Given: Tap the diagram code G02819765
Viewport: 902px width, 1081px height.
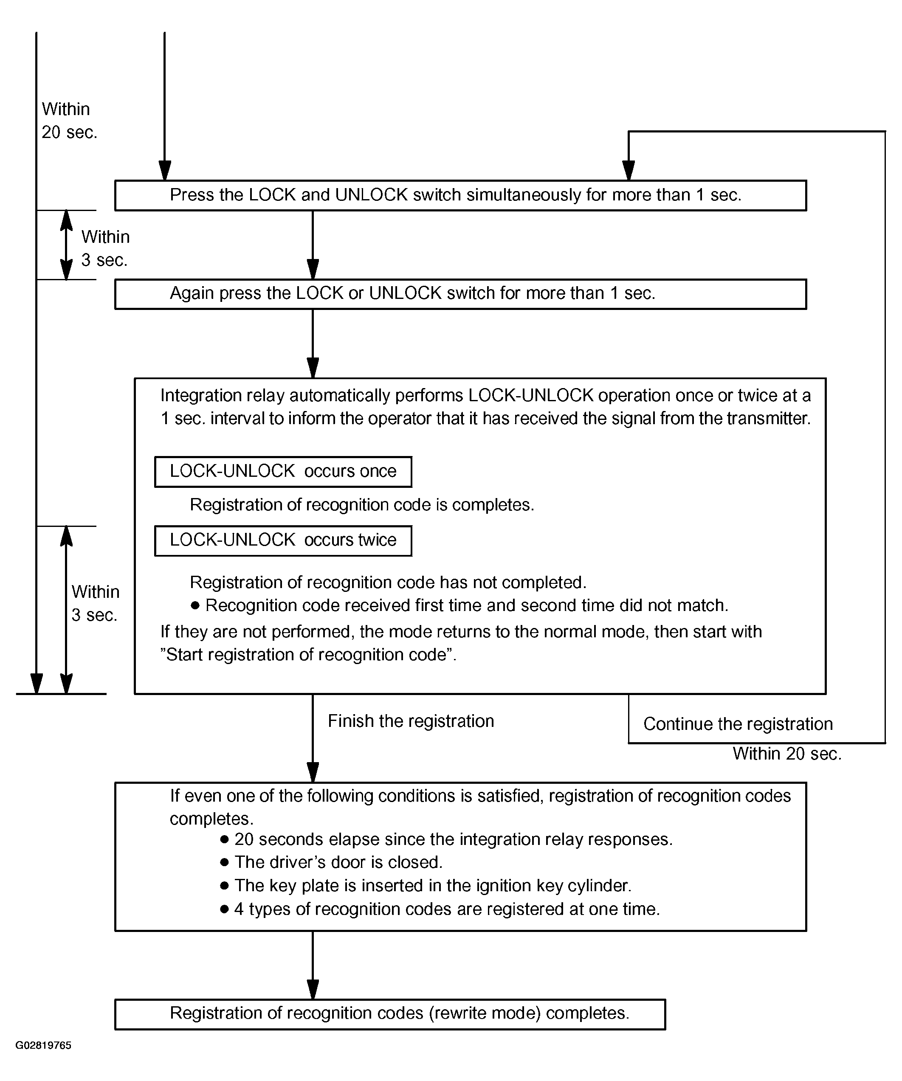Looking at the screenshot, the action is [x=43, y=1045].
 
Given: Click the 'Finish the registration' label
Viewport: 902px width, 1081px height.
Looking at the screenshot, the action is [x=411, y=721].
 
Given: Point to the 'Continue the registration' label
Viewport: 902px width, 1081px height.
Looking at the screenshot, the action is [x=738, y=724].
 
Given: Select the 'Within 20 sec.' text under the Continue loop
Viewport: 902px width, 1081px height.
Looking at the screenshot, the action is [x=786, y=754].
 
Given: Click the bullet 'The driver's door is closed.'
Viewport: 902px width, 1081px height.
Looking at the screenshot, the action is [x=332, y=862].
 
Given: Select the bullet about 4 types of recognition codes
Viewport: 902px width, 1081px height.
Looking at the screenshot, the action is [x=440, y=909].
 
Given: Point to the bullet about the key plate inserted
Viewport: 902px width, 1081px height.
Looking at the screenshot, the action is [x=426, y=885].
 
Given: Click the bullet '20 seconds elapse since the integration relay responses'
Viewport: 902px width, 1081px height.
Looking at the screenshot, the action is [x=446, y=839].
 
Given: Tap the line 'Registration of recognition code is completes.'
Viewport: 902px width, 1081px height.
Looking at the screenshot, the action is [x=362, y=505].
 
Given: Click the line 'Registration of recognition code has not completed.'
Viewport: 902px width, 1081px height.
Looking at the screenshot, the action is [x=388, y=582].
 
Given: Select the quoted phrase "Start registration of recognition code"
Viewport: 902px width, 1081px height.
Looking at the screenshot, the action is [x=308, y=655].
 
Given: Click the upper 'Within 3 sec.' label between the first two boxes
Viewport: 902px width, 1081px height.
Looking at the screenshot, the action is [x=105, y=248].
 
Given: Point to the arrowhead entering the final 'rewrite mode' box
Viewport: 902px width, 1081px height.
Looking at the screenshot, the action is [x=313, y=989].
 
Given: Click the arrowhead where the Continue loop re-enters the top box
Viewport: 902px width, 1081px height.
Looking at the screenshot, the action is [x=628, y=170].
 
